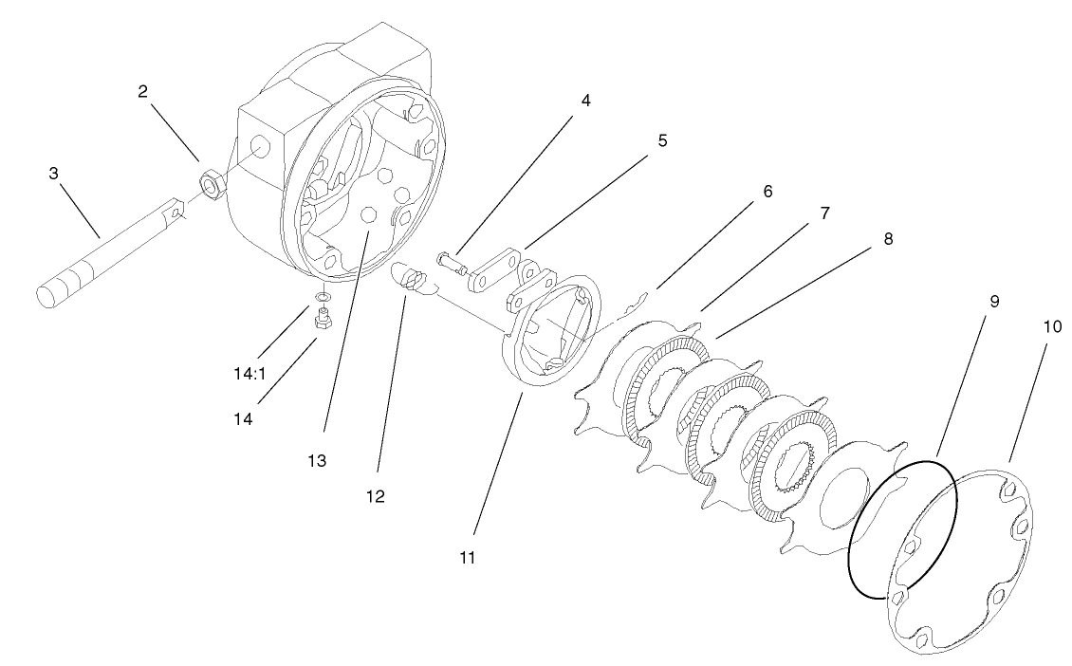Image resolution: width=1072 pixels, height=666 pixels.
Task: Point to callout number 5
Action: click(x=662, y=140)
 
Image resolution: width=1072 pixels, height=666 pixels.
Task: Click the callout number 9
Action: click(x=993, y=301)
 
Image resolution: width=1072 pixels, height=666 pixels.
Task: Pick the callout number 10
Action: click(x=1051, y=326)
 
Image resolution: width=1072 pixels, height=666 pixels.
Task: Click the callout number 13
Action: click(x=316, y=460)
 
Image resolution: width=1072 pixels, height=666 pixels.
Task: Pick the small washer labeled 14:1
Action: click(x=323, y=298)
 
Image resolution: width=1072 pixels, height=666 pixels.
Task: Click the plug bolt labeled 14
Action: click(x=322, y=323)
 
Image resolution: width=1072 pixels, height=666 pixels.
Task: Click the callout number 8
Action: click(x=887, y=239)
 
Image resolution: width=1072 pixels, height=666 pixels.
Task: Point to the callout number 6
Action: click(x=767, y=192)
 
